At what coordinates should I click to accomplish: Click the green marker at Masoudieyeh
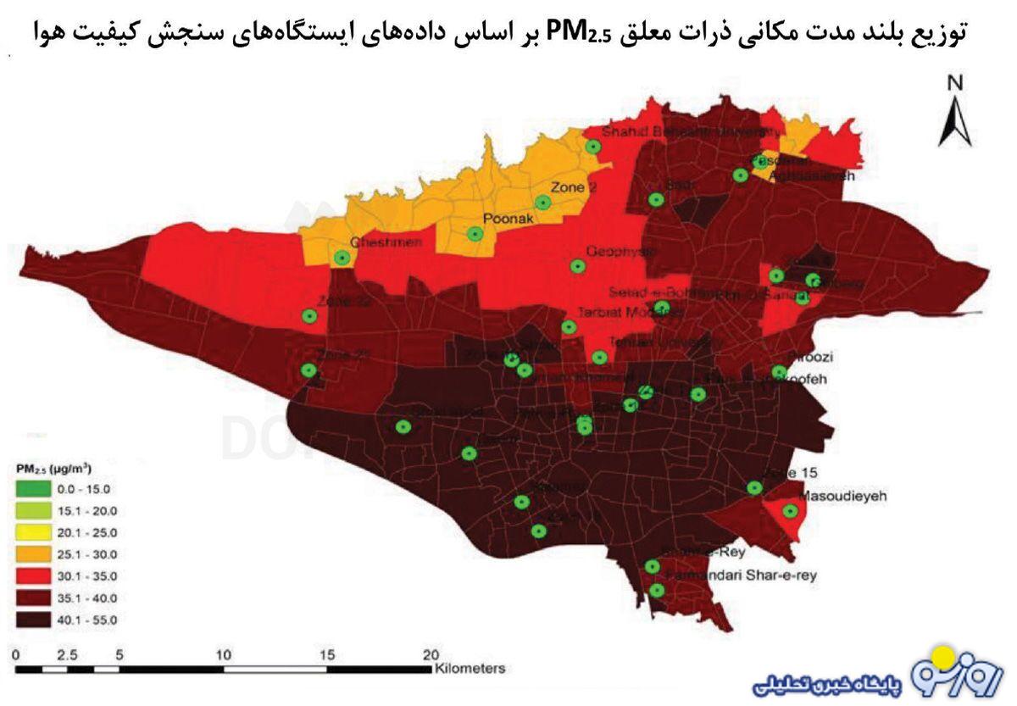(x=790, y=511)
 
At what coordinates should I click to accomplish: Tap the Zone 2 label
(x=574, y=187)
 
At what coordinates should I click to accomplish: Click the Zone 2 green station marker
(x=542, y=203)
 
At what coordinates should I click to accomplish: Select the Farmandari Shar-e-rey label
(x=742, y=575)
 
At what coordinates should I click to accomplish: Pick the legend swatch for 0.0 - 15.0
(x=34, y=489)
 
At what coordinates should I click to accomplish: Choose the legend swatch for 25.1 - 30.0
(x=34, y=554)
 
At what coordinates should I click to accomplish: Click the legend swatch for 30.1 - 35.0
(x=34, y=576)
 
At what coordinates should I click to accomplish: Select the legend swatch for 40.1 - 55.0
(x=34, y=620)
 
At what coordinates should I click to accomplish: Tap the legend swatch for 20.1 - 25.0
(x=34, y=533)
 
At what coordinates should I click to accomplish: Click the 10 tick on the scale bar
(x=224, y=654)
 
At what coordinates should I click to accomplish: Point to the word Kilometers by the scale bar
(x=470, y=668)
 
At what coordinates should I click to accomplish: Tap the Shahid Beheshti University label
(x=691, y=132)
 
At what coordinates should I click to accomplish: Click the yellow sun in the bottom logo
(x=941, y=655)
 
